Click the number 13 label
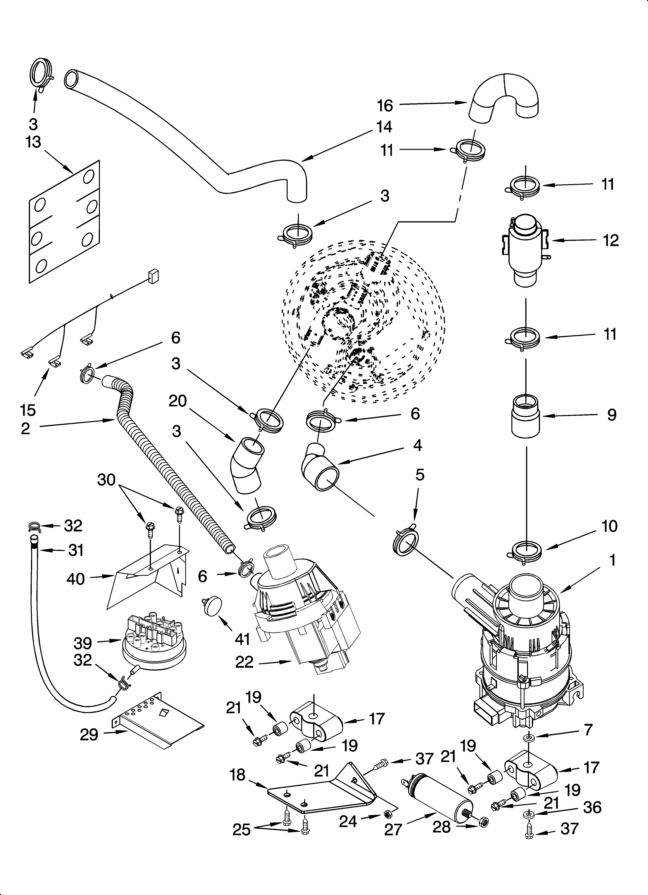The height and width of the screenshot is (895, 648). click(x=33, y=142)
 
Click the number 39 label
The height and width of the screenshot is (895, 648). click(x=83, y=643)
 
